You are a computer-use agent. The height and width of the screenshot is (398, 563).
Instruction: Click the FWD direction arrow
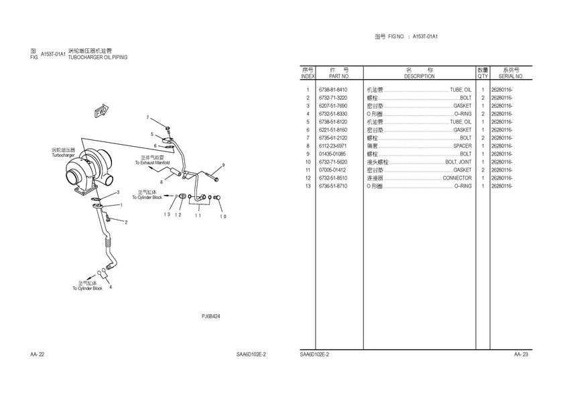pyautogui.click(x=102, y=111)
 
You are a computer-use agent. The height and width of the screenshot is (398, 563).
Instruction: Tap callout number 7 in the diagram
pyautogui.click(x=147, y=117)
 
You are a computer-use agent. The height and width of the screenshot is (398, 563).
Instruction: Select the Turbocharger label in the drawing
pyautogui.click(x=63, y=155)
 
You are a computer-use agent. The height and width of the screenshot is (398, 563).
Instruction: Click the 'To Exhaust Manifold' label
pyautogui.click(x=152, y=163)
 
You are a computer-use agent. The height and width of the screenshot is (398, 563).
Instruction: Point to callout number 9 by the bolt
pyautogui.click(x=223, y=165)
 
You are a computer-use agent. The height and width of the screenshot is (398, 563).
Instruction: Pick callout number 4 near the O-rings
pyautogui.click(x=111, y=287)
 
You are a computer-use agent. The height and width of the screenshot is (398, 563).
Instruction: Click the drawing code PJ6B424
pyautogui.click(x=210, y=316)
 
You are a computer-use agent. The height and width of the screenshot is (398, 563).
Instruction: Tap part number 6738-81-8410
pyautogui.click(x=333, y=90)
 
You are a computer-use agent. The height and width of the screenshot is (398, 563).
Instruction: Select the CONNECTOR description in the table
pyautogui.click(x=457, y=178)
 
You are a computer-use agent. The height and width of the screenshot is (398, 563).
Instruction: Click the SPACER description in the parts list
pyautogui.click(x=462, y=145)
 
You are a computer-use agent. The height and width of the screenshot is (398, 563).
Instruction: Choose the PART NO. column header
pyautogui.click(x=339, y=76)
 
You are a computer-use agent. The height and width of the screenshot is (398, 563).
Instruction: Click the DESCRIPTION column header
pyautogui.click(x=420, y=76)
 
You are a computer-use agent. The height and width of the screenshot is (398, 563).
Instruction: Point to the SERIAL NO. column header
pyautogui.click(x=511, y=76)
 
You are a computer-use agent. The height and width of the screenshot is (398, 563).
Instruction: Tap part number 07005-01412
pyautogui.click(x=332, y=170)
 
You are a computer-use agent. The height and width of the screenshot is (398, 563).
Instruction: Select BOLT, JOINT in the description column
pyautogui.click(x=458, y=162)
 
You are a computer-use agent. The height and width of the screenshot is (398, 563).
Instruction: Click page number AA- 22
pyautogui.click(x=38, y=354)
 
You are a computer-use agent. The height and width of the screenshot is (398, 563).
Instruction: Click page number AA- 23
pyautogui.click(x=521, y=354)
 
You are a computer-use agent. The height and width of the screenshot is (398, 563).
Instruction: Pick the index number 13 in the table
pyautogui.click(x=308, y=186)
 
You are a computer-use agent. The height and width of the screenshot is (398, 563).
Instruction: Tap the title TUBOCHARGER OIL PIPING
pyautogui.click(x=98, y=57)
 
